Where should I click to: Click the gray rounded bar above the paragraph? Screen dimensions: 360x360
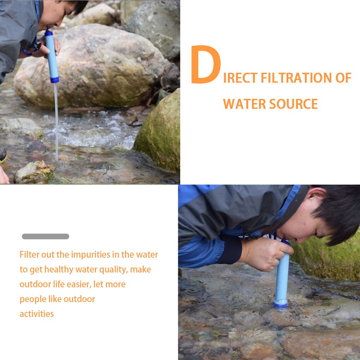click(46, 236)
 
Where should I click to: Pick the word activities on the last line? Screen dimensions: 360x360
click(37, 314)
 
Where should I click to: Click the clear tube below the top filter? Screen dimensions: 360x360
click(56, 120)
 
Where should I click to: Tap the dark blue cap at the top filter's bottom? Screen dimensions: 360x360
click(55, 80)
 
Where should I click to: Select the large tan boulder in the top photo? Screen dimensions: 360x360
click(88, 67)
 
